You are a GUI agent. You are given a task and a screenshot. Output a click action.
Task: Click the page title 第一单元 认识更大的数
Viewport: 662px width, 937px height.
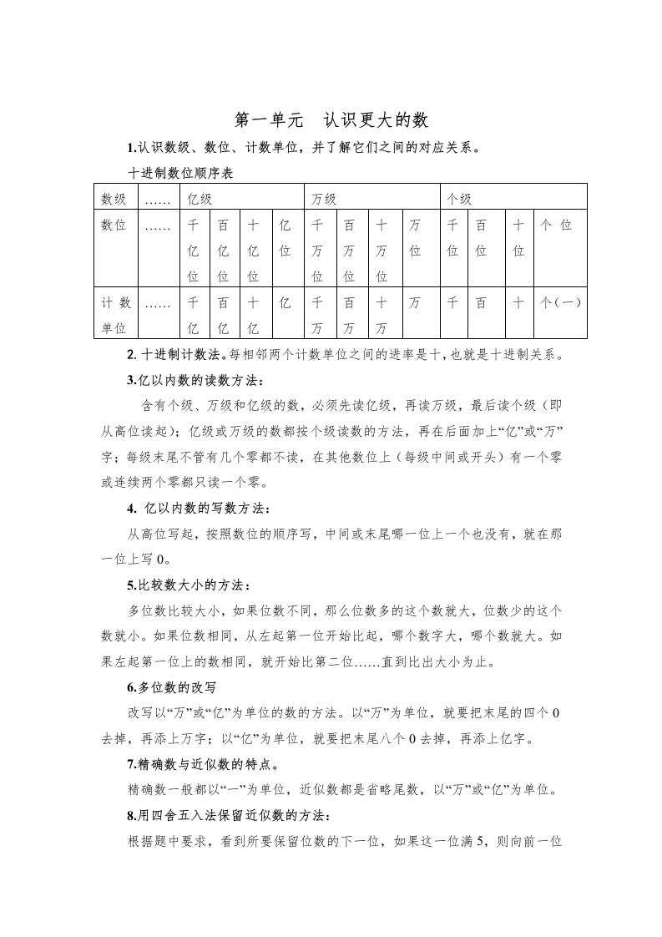point(331,120)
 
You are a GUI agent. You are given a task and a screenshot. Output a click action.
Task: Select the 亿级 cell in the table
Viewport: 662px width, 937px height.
point(200,199)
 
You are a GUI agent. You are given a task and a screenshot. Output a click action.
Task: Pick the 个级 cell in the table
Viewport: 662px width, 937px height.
point(460,199)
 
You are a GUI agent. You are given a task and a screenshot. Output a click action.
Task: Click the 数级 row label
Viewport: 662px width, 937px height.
point(114,199)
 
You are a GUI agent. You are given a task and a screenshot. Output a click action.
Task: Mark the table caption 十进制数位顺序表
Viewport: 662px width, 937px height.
point(179,175)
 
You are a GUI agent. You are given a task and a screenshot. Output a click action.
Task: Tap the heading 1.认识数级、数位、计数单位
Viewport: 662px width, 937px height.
point(302,149)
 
